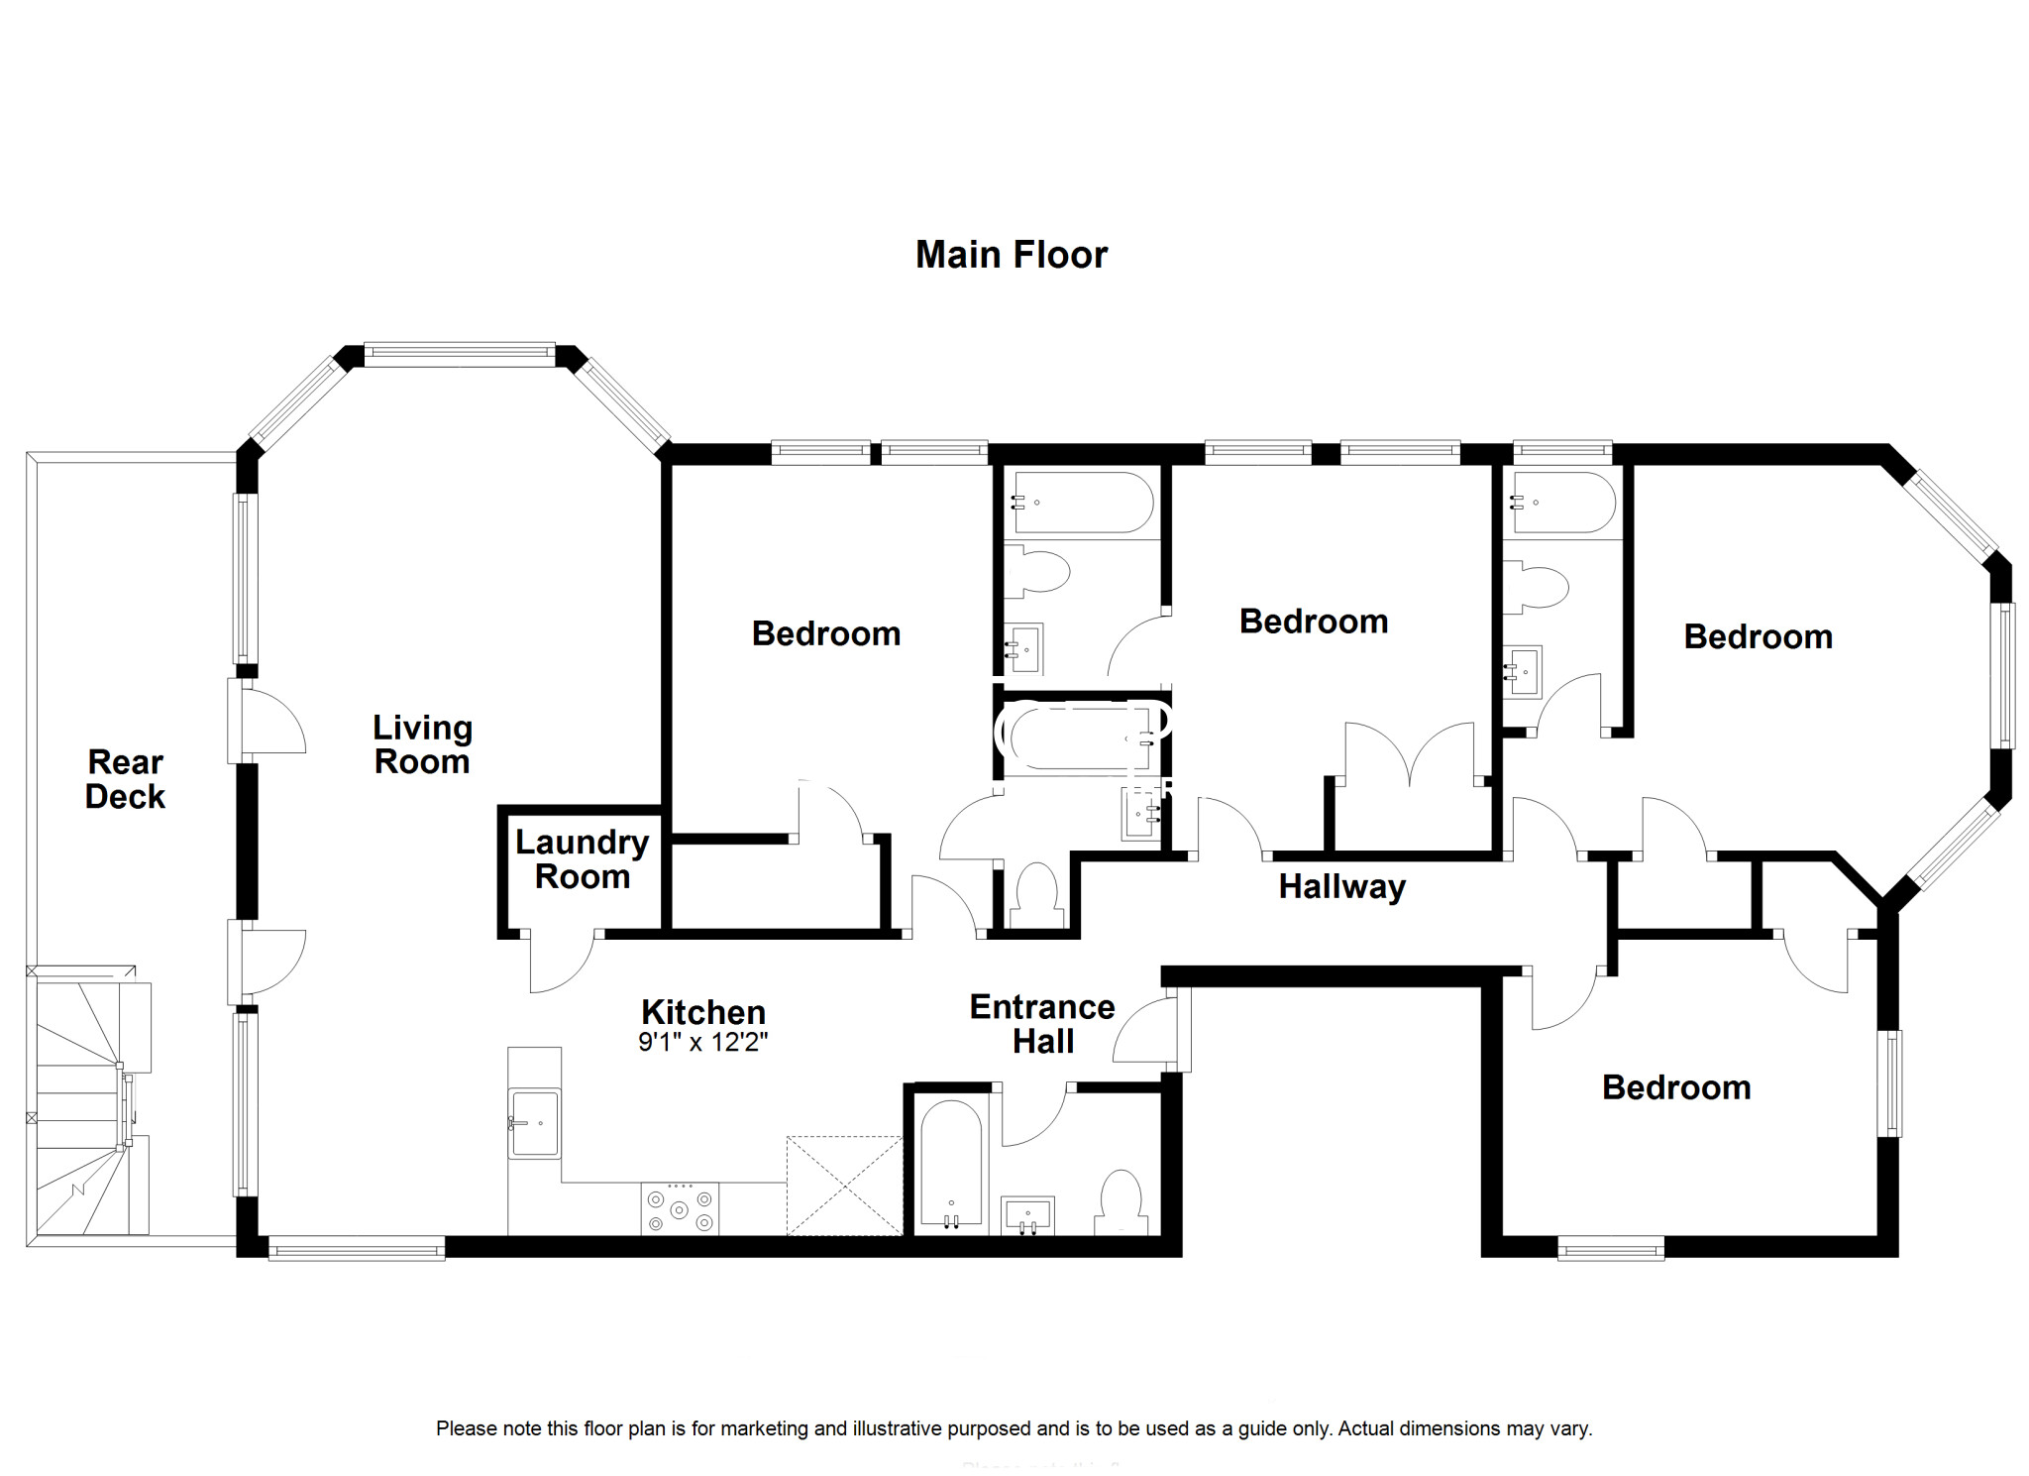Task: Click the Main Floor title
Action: pyautogui.click(x=1011, y=255)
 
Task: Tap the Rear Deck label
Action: pyautogui.click(x=125, y=779)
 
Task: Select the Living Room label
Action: pyautogui.click(x=422, y=744)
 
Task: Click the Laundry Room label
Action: pyautogui.click(x=583, y=859)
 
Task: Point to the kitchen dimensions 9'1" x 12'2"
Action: pyautogui.click(x=703, y=1043)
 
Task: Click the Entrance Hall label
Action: pyautogui.click(x=1042, y=1024)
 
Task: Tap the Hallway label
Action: pyautogui.click(x=1342, y=886)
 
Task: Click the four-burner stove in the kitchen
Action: pyautogui.click(x=680, y=1209)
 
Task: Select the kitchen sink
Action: pyautogui.click(x=534, y=1123)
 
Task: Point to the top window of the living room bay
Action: pyautogui.click(x=460, y=355)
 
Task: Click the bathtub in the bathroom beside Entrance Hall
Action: pyautogui.click(x=951, y=1165)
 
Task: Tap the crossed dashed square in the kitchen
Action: pyautogui.click(x=844, y=1186)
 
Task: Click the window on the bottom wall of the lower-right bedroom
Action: pyautogui.click(x=1611, y=1247)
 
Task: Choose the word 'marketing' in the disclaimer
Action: pyautogui.click(x=763, y=1429)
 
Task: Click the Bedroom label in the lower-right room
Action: pyautogui.click(x=1676, y=1087)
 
